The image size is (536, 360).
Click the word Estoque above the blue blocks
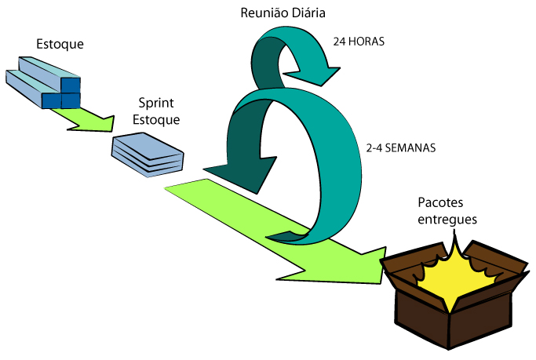click(x=60, y=43)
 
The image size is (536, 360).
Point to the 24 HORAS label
click(x=359, y=42)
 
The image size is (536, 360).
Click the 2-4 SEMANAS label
click(x=400, y=147)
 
